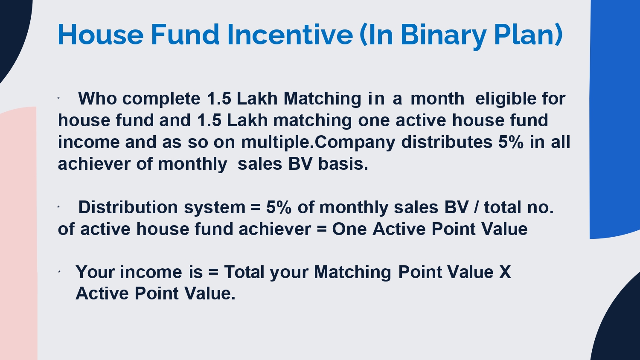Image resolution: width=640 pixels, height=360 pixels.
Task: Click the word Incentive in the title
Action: pos(290,35)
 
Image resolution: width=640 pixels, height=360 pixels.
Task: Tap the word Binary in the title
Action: pos(443,37)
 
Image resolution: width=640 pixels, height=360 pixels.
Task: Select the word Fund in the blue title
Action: pos(185,35)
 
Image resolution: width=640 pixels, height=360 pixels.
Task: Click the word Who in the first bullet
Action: pos(97,98)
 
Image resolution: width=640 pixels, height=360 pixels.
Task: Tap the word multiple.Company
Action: pos(318,143)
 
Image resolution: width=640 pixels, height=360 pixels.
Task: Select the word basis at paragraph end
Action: pos(343,164)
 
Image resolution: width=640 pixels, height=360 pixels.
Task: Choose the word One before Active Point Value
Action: pos(349,229)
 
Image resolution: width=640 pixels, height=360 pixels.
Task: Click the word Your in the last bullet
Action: pos(95,272)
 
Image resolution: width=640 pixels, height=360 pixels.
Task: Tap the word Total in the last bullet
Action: pos(244,272)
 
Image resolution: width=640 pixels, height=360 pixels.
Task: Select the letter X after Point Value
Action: pos(505,272)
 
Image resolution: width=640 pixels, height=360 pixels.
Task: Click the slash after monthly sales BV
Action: pos(476,207)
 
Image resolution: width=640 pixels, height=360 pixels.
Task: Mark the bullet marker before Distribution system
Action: pos(58,207)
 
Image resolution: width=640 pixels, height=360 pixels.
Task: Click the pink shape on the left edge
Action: pos(18,233)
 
